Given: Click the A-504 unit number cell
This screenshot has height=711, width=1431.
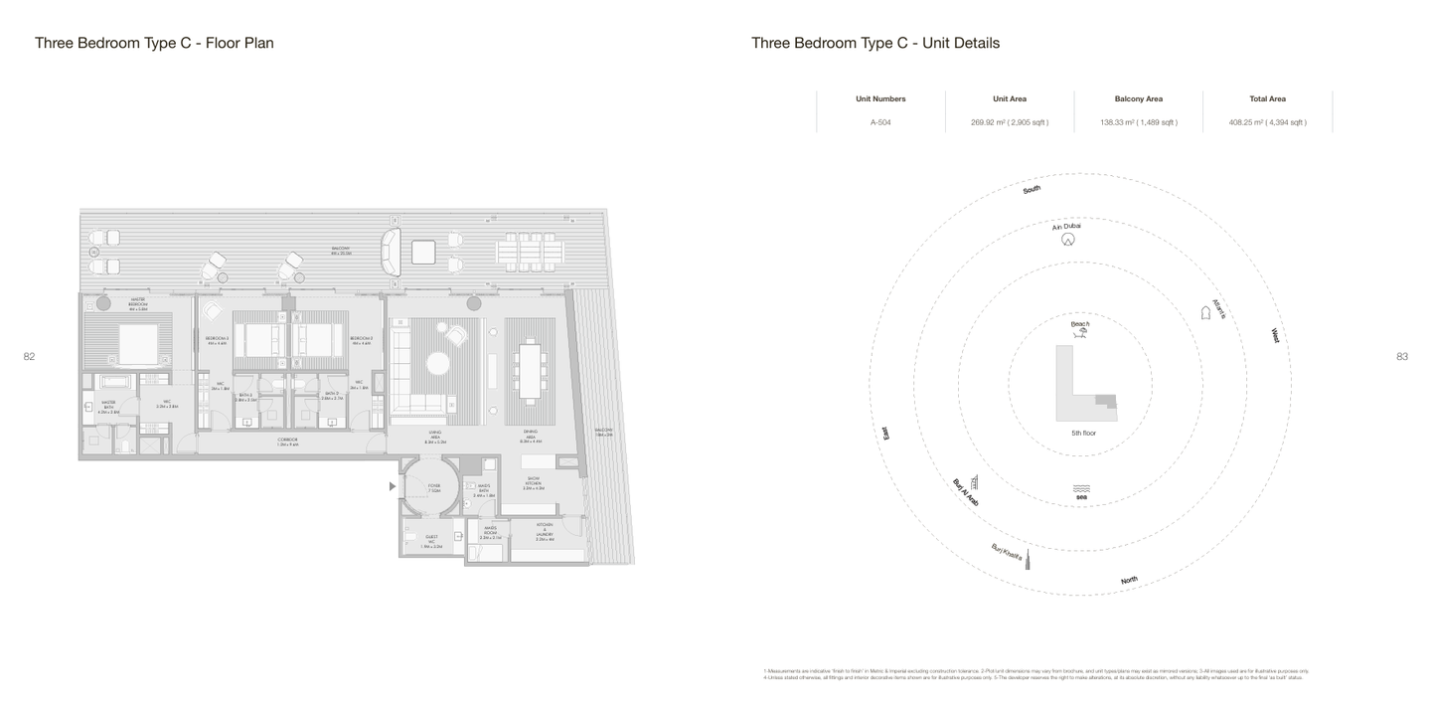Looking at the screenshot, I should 879,122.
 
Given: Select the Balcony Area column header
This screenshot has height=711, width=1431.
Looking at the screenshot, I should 1138,98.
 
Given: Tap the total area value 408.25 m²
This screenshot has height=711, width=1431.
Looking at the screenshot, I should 1267,122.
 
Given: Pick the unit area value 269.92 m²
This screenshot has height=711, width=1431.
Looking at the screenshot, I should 1009,122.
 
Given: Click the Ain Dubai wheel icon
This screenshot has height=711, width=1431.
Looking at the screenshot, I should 1067,240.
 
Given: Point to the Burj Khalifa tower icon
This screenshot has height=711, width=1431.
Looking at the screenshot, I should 1028,559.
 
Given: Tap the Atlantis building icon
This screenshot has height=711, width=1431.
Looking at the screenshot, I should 1205,312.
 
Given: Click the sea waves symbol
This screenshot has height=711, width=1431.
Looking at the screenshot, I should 1082,488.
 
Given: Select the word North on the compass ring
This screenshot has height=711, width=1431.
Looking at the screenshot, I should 1129,580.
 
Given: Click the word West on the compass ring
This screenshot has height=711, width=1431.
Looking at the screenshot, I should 1274,336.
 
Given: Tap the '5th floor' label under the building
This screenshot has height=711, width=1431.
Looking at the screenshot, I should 1083,434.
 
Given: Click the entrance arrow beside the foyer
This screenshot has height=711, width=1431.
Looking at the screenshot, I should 393,486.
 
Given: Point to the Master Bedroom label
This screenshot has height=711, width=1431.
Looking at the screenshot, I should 137,303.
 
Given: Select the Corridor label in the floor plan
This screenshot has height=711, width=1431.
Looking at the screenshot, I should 287,442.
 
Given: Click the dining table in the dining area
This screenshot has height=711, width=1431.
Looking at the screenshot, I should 531,369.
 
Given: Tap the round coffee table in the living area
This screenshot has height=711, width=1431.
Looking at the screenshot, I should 437,363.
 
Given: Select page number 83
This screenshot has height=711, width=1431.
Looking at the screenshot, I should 1401,356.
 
